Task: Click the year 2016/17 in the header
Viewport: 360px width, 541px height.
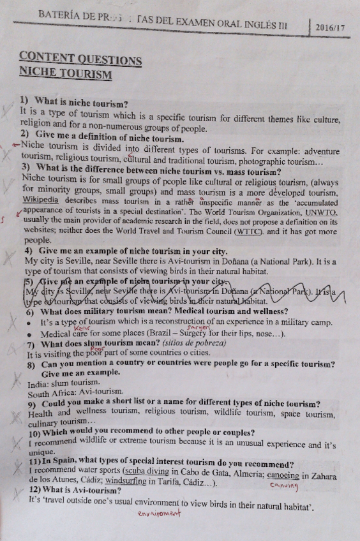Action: (x=330, y=29)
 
